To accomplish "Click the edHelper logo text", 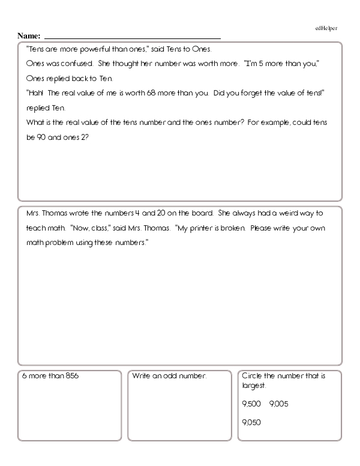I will (x=326, y=28).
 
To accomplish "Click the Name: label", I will (x=29, y=36).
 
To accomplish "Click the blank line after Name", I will (x=132, y=37).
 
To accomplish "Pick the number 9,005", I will (x=279, y=404).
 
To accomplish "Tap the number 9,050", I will (x=251, y=422).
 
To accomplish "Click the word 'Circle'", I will (x=253, y=377).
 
